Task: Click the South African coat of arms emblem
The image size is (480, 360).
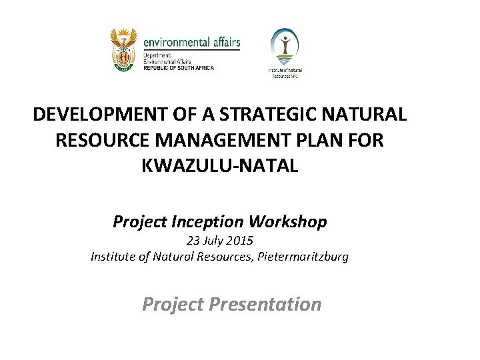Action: click(x=124, y=49)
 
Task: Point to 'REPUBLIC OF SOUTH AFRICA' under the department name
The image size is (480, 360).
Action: click(x=179, y=68)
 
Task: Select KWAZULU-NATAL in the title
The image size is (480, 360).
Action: click(x=220, y=165)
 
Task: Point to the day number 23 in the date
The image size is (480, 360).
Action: click(x=193, y=241)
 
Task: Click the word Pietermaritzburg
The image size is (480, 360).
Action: click(x=304, y=256)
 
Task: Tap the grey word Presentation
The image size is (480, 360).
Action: click(x=265, y=305)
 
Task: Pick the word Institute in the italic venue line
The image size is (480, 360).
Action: click(x=112, y=256)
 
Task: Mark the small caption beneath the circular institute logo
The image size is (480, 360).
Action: click(x=285, y=73)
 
